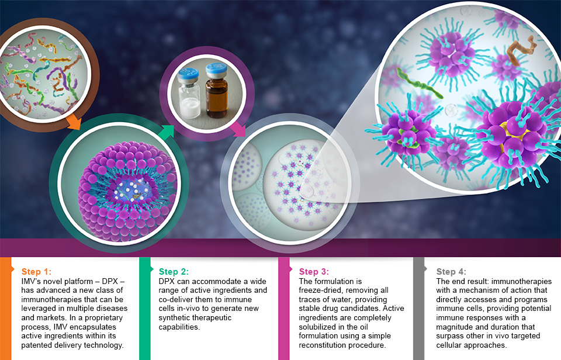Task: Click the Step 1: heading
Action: click(x=36, y=272)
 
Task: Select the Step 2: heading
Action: click(x=174, y=272)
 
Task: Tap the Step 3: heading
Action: click(x=314, y=272)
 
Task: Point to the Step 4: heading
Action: click(x=451, y=272)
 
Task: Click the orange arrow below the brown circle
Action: click(x=74, y=122)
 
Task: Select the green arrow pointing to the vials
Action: click(x=165, y=133)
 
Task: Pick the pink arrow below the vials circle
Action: click(x=238, y=129)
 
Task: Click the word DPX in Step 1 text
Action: click(x=110, y=281)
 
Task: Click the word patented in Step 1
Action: click(x=37, y=345)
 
